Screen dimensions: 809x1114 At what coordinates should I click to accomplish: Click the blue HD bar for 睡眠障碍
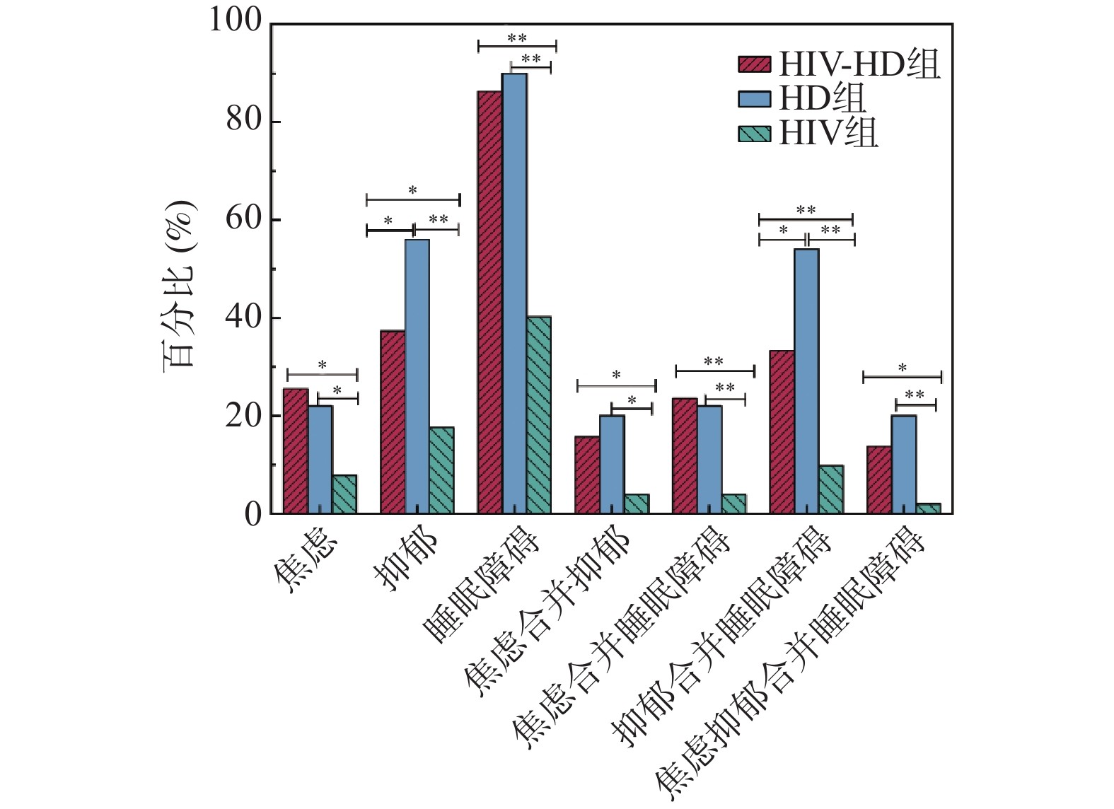(x=514, y=293)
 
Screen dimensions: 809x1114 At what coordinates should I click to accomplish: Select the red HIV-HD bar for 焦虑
(x=296, y=451)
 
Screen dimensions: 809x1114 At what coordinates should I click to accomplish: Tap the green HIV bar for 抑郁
(x=441, y=470)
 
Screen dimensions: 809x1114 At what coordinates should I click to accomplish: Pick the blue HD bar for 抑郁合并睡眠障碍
(x=806, y=381)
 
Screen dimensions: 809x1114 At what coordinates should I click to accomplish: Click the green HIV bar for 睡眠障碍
(x=539, y=415)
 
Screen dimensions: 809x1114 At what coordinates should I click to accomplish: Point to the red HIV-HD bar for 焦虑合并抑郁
(x=587, y=475)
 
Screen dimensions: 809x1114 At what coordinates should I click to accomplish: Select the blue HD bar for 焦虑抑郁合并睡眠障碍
(x=903, y=465)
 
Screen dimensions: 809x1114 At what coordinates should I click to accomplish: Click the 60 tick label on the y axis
(x=243, y=219)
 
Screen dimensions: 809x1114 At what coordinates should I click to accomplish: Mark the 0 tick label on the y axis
(x=253, y=514)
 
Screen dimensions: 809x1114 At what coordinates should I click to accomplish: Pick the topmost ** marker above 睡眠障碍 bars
(x=517, y=38)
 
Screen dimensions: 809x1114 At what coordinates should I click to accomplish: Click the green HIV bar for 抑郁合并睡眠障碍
(x=831, y=489)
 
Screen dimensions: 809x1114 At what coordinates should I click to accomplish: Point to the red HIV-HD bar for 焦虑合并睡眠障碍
(x=685, y=456)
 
